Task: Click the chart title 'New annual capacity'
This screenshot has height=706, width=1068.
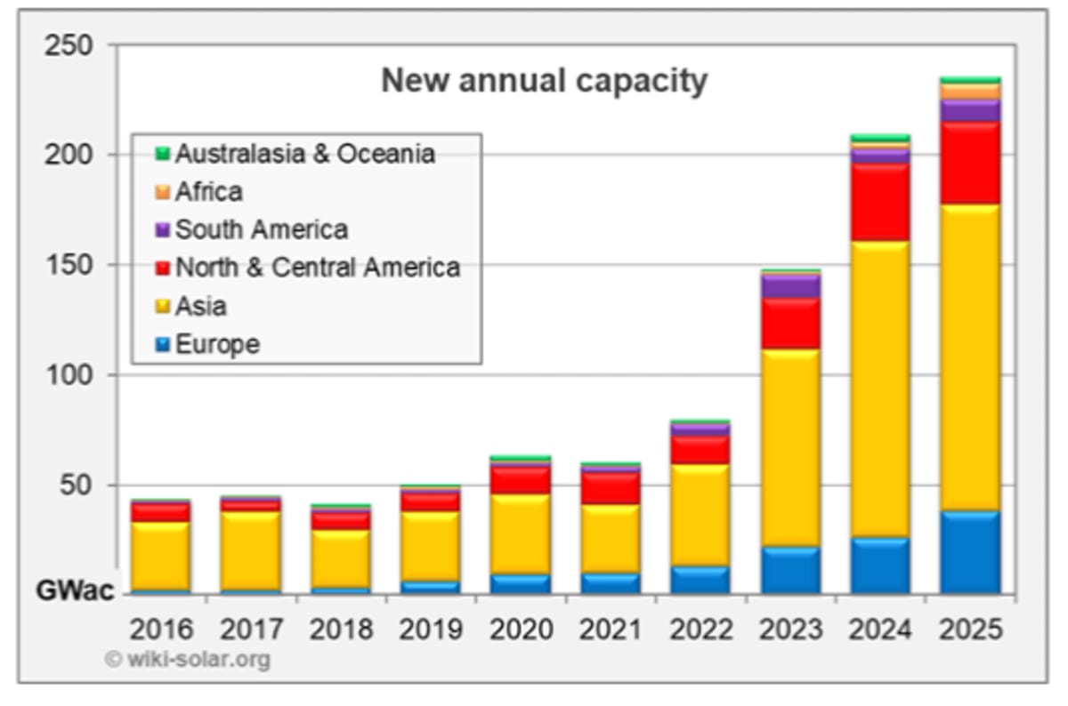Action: click(x=544, y=82)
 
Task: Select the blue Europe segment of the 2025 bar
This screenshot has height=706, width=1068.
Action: click(x=970, y=552)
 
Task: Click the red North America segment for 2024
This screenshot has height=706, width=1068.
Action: click(x=880, y=203)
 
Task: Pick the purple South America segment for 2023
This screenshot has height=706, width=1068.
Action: click(x=790, y=286)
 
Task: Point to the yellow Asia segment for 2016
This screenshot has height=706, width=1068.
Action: click(x=161, y=555)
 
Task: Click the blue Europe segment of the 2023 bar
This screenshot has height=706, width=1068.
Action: click(x=790, y=570)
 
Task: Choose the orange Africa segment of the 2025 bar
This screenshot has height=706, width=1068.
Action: click(x=970, y=92)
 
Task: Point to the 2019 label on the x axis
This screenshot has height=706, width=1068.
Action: click(x=431, y=630)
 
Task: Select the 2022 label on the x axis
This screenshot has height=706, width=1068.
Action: click(x=700, y=630)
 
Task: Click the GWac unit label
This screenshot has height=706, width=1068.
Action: click(x=76, y=590)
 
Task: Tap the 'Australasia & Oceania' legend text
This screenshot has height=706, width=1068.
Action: click(x=305, y=154)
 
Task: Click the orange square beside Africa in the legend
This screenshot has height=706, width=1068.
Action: click(x=162, y=192)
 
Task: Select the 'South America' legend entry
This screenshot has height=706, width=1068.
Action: click(x=261, y=230)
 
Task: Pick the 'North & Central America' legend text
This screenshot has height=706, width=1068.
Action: click(x=317, y=268)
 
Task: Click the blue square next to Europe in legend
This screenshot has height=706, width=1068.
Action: click(x=162, y=345)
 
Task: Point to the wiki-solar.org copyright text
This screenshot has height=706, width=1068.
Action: click(x=188, y=660)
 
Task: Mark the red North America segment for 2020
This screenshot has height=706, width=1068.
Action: click(x=521, y=480)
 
